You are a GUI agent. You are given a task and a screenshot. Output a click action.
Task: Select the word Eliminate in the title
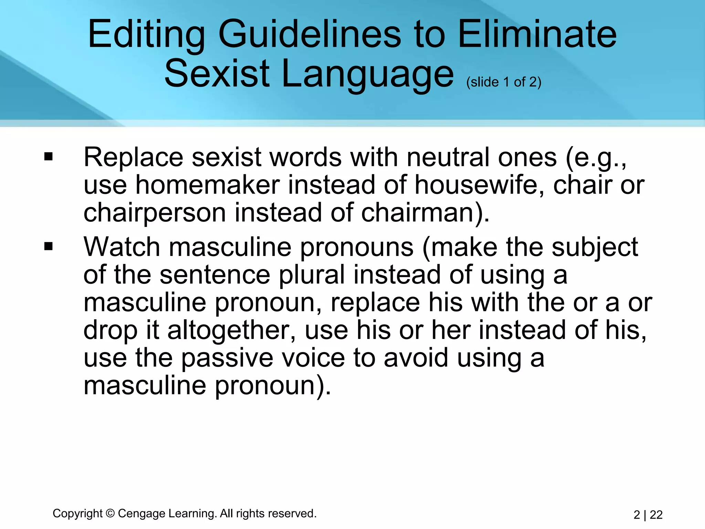[x=537, y=34]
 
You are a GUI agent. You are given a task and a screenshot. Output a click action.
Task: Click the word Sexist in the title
[x=217, y=74]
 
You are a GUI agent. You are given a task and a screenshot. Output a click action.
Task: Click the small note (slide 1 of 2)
[x=504, y=82]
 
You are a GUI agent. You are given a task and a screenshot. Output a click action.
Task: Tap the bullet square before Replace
[x=49, y=157]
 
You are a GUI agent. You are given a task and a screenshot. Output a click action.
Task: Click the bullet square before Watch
[x=49, y=247]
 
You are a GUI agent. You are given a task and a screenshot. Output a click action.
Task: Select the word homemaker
[x=208, y=185]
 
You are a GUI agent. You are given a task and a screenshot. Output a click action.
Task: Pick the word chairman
[x=422, y=213]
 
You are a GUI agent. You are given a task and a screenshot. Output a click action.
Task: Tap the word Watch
[x=122, y=247]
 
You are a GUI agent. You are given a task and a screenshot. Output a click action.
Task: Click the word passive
[x=227, y=358]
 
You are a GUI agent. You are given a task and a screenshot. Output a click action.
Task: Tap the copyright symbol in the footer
[x=110, y=514]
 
